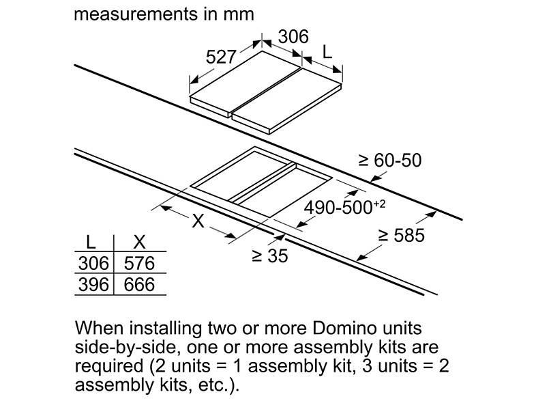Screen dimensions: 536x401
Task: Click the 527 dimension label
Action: (x=221, y=57)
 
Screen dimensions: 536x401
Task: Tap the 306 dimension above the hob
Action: (x=293, y=37)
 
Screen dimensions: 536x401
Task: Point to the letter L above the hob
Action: (x=327, y=53)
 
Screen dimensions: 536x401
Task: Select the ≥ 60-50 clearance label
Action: (x=390, y=161)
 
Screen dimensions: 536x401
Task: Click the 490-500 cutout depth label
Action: (x=338, y=208)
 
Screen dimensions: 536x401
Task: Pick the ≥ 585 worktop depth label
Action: (x=402, y=235)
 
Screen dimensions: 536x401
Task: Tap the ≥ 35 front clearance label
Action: (x=270, y=255)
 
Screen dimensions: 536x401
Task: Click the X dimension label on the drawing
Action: (x=198, y=221)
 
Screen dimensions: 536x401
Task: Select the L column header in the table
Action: (x=91, y=242)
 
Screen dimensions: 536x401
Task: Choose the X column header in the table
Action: (x=140, y=242)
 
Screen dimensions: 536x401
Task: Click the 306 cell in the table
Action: (x=93, y=263)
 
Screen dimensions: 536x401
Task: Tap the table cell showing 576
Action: (x=140, y=263)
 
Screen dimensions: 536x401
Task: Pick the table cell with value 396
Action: (x=93, y=285)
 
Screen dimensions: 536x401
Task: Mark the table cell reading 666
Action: (x=140, y=285)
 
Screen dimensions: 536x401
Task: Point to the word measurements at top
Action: (x=136, y=14)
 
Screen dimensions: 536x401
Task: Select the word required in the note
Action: (x=109, y=366)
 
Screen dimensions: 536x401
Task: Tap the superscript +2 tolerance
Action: (x=379, y=204)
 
